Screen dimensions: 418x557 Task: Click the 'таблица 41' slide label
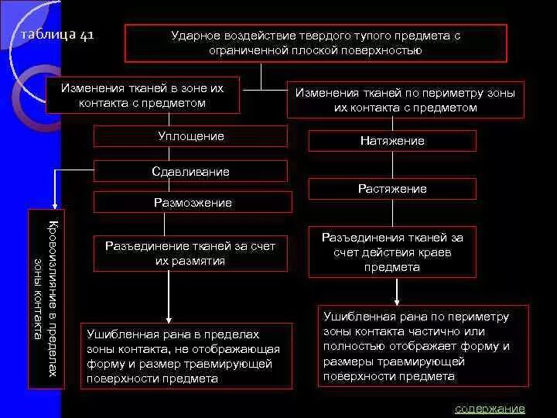coord(57,36)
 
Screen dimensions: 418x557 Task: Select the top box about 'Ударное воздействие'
coord(316,43)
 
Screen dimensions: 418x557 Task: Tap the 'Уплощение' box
coord(190,136)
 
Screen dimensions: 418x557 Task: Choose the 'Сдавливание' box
coord(190,171)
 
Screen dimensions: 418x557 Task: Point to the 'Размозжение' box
coord(193,203)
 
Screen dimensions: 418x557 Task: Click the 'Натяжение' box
coord(392,141)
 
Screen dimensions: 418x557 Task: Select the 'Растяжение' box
coord(392,188)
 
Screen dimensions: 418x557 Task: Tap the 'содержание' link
coord(490,409)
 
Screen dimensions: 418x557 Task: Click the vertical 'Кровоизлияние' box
coord(47,298)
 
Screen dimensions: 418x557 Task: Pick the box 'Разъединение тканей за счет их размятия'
coord(190,252)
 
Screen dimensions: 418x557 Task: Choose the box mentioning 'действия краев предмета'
coord(392,252)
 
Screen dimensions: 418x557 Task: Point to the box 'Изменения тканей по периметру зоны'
coord(405,100)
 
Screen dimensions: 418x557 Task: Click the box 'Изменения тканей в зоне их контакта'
coord(142,95)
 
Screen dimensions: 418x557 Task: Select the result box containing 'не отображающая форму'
coord(186,356)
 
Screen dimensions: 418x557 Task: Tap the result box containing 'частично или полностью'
coord(423,345)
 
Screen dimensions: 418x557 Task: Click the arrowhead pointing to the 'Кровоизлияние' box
coord(53,203)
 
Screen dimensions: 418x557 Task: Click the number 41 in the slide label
coord(84,36)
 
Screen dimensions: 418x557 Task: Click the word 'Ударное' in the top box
coord(196,36)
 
